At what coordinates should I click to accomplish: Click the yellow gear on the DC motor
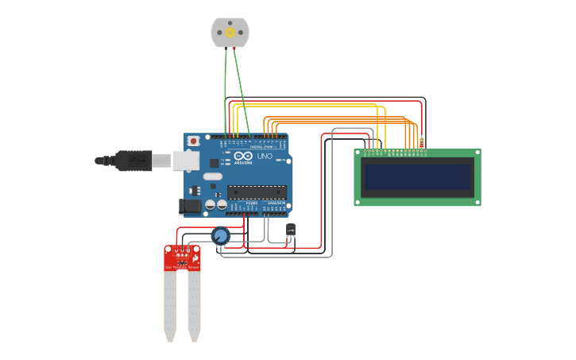230,33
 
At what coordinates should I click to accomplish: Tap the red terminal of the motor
234,48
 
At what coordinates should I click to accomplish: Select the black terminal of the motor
226,48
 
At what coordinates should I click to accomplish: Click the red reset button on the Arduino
193,141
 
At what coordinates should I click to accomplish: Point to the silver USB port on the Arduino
186,161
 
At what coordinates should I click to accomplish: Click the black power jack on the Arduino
189,206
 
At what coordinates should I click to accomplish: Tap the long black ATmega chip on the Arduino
257,192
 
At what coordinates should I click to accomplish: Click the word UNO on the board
265,157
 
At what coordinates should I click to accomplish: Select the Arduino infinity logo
242,156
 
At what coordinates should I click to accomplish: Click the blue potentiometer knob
220,235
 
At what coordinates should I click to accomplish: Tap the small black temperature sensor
291,230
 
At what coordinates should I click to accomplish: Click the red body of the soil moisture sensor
182,259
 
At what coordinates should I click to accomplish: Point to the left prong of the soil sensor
169,306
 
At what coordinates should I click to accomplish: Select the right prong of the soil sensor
194,306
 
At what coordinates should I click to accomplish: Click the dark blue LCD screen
417,177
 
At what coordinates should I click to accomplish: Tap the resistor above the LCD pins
421,142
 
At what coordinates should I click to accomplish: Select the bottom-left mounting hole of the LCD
358,202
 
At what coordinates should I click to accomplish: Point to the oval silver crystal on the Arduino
212,176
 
